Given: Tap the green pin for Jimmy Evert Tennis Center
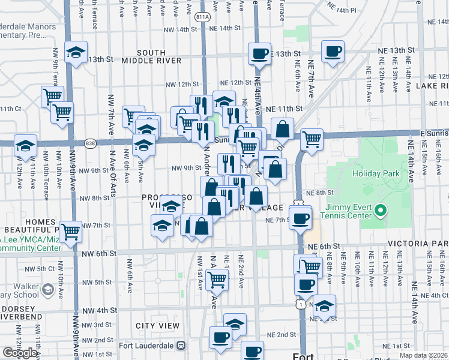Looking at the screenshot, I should pyautogui.click(x=380, y=211).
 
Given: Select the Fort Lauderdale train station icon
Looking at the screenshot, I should pyautogui.click(x=181, y=346).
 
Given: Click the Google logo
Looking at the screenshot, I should pyautogui.click(x=19, y=353).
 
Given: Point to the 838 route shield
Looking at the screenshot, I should pyautogui.click(x=90, y=143).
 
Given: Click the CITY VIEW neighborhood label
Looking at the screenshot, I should pyautogui.click(x=157, y=326).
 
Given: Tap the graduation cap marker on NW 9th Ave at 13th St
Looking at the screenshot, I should pyautogui.click(x=76, y=52).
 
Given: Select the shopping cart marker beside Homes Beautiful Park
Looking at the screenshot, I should pyautogui.click(x=71, y=230).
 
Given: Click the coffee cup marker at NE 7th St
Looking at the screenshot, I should pyautogui.click(x=300, y=217).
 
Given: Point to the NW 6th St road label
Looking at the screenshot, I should pyautogui.click(x=100, y=254).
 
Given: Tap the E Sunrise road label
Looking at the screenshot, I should pyautogui.click(x=433, y=132).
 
